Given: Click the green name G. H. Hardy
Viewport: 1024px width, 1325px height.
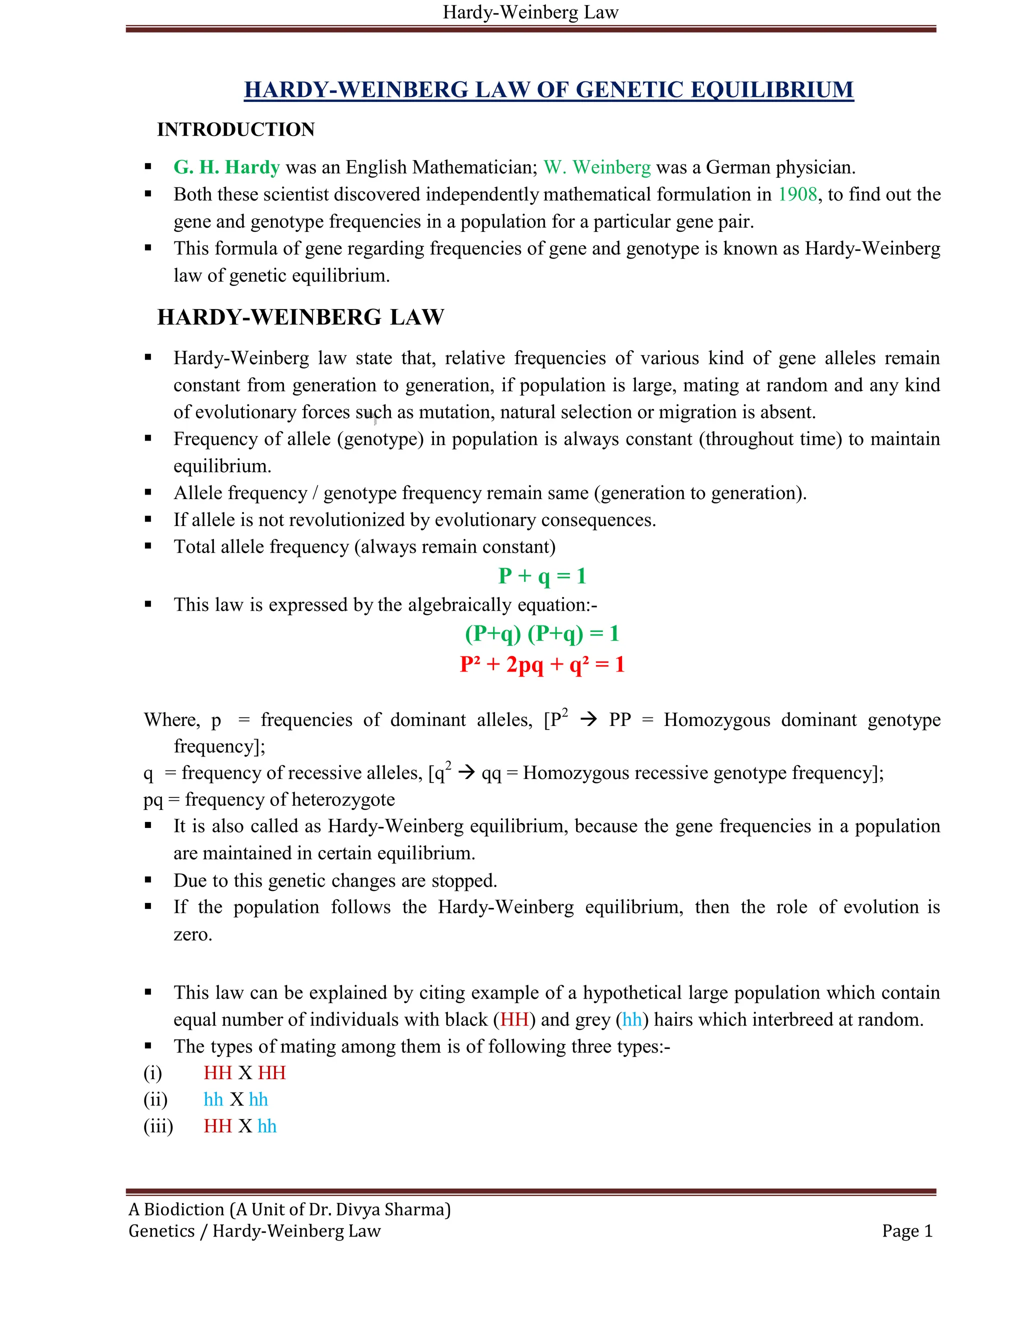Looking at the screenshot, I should point(226,167).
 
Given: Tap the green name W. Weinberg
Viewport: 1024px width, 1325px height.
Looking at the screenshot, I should point(597,167).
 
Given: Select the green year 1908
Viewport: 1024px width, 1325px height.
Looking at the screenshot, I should point(797,194).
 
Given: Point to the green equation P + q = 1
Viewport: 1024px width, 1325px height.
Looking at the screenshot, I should point(541,575).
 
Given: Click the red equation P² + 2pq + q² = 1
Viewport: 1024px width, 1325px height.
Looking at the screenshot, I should point(541,664).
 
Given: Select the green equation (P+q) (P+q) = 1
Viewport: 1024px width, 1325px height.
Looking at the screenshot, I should point(541,633).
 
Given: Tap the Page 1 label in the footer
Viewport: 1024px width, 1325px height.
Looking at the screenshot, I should point(906,1231).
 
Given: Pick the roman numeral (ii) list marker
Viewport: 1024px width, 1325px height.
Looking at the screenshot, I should point(155,1099).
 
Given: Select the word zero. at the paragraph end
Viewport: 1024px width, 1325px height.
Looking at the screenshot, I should point(193,934).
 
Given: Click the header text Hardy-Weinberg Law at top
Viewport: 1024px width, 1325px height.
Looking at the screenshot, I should point(530,12).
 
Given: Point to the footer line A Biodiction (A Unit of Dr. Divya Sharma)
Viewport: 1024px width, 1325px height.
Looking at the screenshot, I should point(289,1209).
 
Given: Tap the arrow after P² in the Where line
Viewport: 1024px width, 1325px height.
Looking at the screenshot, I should point(588,719).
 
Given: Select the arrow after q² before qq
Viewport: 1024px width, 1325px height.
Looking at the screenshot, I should point(466,773).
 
